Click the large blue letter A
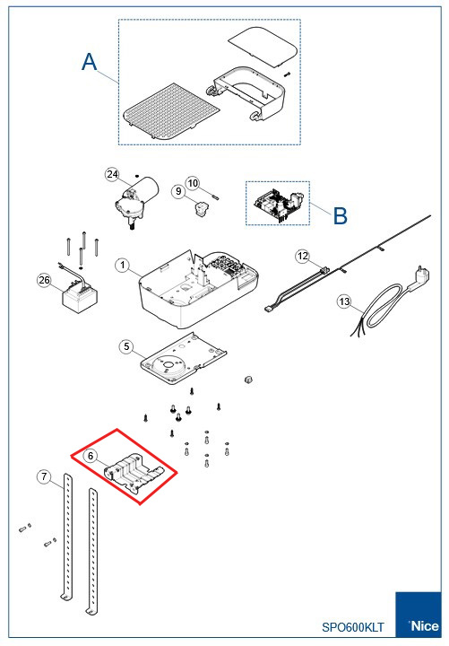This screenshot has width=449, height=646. [90, 62]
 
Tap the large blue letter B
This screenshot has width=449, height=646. [340, 215]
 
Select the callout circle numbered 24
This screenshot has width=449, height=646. [112, 174]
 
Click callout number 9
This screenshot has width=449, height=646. [178, 191]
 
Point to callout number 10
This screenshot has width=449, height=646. [193, 183]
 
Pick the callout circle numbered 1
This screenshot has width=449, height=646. [122, 265]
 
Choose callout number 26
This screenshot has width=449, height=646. [44, 280]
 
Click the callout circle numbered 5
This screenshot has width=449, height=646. [126, 346]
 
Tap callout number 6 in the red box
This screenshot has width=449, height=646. [91, 456]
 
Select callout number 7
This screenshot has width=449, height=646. [44, 476]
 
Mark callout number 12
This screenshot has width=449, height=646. [303, 256]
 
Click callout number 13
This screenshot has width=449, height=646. [344, 301]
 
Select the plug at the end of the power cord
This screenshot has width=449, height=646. [419, 277]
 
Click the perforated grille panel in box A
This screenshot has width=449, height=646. [171, 112]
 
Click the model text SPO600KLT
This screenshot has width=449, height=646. [353, 627]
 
